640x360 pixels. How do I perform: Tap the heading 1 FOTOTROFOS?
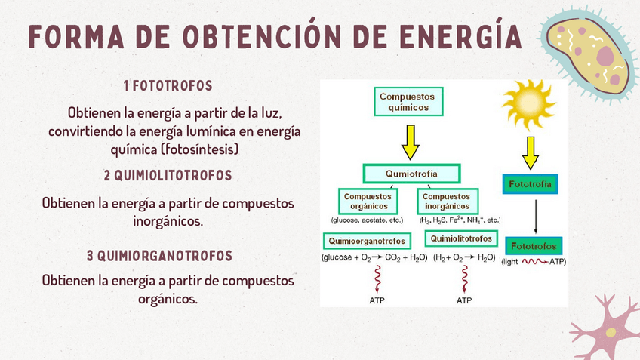click(168, 86)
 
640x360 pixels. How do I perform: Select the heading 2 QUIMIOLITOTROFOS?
click(168, 176)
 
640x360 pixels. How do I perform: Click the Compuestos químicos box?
click(408, 102)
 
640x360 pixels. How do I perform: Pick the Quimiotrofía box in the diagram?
click(411, 174)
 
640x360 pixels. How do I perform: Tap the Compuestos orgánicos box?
click(366, 202)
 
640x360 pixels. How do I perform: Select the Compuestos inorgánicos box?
click(446, 202)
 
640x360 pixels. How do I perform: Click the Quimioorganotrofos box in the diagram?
click(368, 242)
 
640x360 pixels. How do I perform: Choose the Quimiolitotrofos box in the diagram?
click(461, 239)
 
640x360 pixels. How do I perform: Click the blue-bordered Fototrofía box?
click(530, 184)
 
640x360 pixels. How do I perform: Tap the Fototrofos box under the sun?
click(534, 247)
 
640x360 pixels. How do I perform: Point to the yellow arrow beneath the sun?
click(530, 155)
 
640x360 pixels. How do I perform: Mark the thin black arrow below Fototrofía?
click(535, 217)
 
